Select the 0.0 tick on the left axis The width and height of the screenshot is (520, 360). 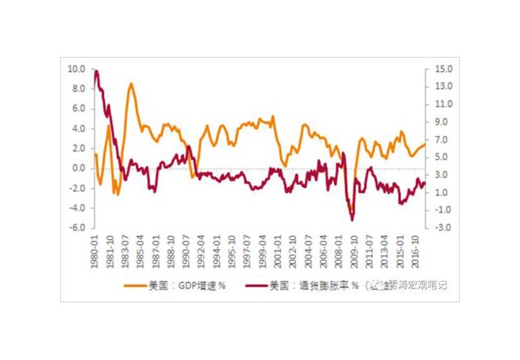(78, 168)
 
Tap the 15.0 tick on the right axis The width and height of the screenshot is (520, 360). (443, 69)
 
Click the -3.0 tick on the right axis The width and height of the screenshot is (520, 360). (443, 228)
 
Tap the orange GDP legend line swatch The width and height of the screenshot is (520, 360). (134, 284)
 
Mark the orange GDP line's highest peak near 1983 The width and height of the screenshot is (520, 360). (131, 83)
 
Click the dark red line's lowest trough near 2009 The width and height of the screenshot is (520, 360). (351, 219)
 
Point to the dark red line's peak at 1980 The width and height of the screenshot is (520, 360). (96, 70)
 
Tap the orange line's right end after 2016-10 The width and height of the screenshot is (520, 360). (426, 143)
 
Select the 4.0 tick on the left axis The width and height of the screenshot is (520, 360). (78, 128)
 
